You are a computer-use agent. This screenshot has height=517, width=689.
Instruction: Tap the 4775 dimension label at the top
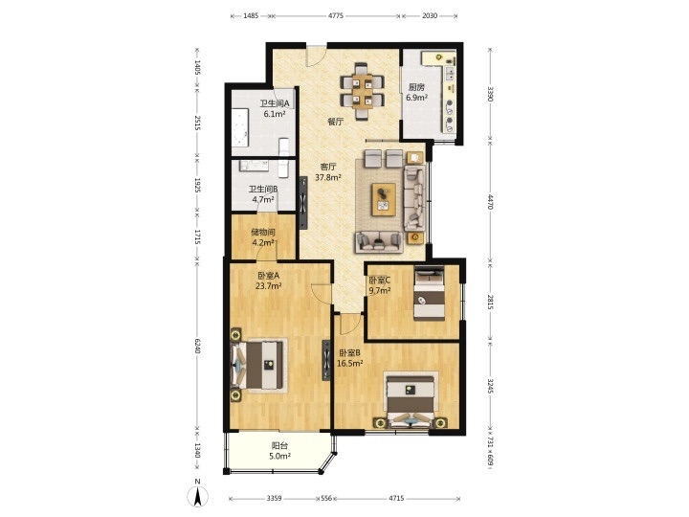tap(336, 16)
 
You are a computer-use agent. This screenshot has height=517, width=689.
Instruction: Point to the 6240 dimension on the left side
tap(197, 346)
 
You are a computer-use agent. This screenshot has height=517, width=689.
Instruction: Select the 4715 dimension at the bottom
tap(396, 499)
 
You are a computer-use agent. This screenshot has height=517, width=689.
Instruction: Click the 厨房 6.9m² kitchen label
tap(416, 92)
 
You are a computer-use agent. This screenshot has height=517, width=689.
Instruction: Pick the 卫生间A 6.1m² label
tap(275, 108)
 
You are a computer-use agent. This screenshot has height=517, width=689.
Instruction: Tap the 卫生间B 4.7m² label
tap(263, 193)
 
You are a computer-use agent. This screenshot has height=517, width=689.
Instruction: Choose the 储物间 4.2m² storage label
tap(263, 236)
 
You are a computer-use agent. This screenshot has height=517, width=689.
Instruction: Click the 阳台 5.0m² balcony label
tap(279, 451)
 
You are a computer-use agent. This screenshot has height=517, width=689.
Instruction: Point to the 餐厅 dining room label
tap(335, 122)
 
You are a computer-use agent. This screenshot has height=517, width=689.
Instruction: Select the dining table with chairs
tap(363, 92)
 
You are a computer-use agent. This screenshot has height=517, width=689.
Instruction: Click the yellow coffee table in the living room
tap(384, 199)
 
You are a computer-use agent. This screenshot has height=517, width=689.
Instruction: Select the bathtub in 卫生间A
tap(239, 126)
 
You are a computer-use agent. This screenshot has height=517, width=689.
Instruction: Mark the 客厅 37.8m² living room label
tap(328, 172)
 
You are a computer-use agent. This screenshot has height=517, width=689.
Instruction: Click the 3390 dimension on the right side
tap(490, 94)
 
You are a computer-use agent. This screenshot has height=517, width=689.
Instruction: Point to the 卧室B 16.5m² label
tap(350, 358)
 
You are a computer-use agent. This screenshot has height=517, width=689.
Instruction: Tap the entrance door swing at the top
tap(316, 56)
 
